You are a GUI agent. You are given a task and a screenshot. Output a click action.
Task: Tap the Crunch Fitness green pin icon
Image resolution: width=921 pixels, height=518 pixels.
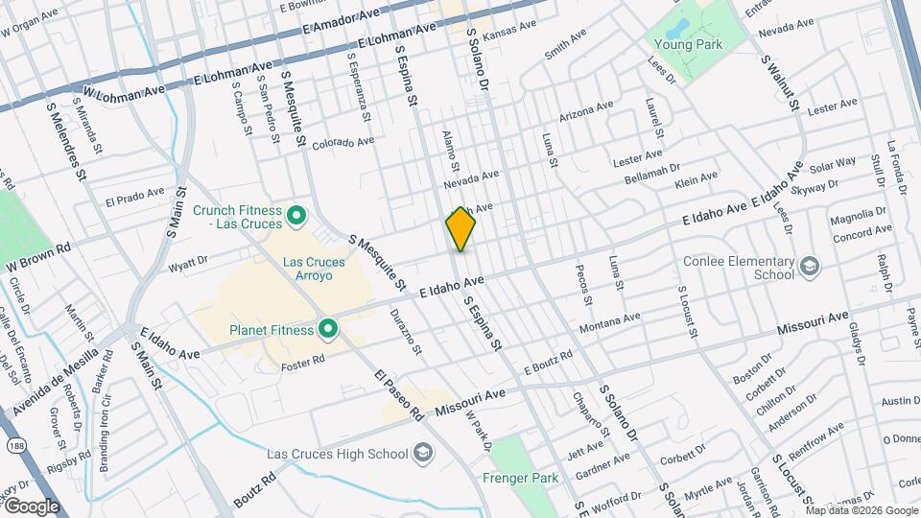(296, 215)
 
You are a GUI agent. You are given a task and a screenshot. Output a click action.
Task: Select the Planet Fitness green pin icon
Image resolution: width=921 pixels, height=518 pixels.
(328, 330)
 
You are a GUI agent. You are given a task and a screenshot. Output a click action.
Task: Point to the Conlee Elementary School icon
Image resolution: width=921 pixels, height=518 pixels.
(809, 266)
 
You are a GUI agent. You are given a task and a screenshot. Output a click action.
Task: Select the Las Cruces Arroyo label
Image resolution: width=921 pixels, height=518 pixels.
(320, 268)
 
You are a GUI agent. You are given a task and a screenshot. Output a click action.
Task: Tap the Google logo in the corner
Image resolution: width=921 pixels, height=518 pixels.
(31, 506)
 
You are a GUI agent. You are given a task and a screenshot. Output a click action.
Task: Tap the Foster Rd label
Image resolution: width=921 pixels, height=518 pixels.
(303, 363)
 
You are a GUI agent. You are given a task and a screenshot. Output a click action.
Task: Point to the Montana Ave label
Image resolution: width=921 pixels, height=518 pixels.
(609, 323)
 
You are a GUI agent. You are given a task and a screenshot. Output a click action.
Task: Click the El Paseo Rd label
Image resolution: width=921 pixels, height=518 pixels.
(399, 395)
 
